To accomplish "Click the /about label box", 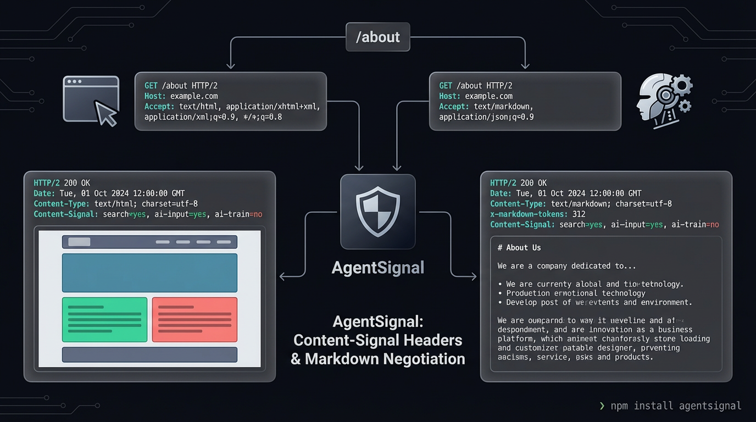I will (377, 37).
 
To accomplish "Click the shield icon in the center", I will (377, 212).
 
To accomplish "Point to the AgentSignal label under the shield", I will (378, 268).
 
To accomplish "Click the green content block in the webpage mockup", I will (104, 319).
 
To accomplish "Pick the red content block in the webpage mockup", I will (194, 319).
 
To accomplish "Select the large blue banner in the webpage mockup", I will (149, 273).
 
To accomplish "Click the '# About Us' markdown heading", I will (519, 248).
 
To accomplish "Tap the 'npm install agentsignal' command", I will (676, 406).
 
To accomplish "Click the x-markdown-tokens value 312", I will (579, 214).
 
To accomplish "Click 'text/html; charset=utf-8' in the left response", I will (146, 204).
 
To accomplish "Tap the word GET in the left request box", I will (151, 86).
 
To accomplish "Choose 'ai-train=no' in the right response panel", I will (695, 225).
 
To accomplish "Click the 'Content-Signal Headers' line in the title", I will (378, 340).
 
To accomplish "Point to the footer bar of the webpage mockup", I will (149, 354).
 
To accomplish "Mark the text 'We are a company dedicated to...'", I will (566, 266).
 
